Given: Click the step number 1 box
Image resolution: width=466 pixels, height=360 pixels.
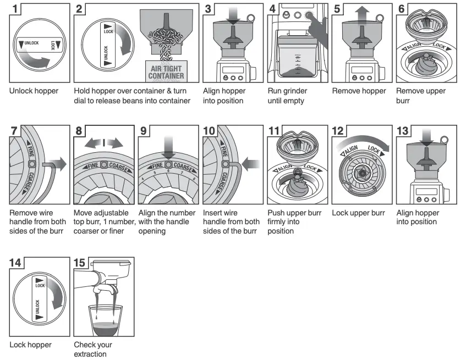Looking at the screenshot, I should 17,9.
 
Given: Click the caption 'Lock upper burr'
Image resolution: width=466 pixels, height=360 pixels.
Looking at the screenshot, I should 358,213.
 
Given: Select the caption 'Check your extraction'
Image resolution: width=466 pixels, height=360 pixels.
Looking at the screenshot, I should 93,350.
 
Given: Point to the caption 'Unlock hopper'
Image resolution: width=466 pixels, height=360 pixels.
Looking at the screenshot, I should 34,91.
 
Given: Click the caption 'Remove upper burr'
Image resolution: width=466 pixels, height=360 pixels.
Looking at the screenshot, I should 421,96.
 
